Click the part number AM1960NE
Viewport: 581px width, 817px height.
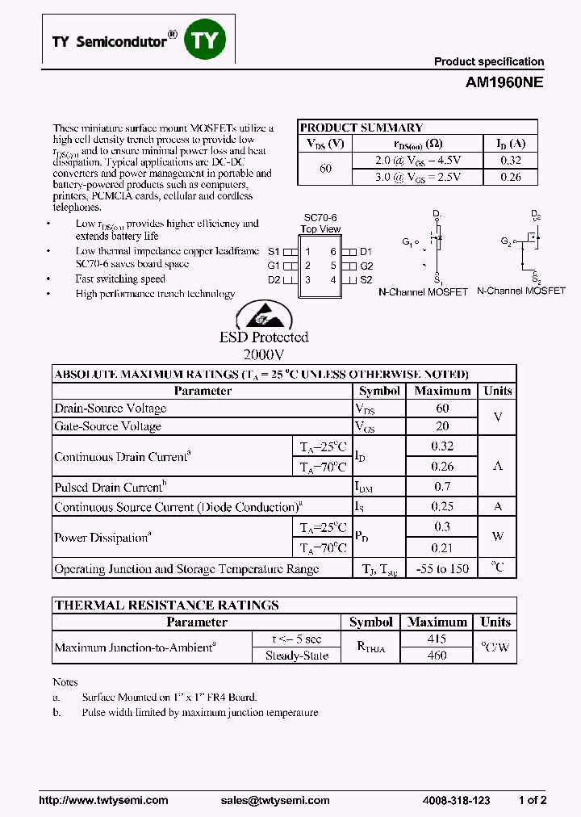(504, 82)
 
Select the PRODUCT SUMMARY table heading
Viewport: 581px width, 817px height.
(362, 128)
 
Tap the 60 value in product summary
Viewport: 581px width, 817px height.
(325, 168)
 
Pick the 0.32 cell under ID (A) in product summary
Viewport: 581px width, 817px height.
(510, 160)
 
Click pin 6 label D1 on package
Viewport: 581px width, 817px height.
(366, 251)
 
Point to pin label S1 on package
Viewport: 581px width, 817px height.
(274, 251)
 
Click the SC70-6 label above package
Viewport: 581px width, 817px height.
(320, 218)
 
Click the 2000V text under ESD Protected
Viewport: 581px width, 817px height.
(264, 354)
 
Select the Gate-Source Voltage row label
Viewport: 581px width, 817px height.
(107, 426)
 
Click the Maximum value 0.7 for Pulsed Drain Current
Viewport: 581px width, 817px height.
(442, 487)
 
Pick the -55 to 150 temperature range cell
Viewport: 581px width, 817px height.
(442, 568)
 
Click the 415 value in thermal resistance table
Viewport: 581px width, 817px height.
(437, 639)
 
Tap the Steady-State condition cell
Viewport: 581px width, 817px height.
(297, 656)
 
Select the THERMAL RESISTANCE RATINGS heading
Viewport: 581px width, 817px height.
(166, 605)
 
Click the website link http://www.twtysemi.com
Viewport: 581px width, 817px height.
(104, 800)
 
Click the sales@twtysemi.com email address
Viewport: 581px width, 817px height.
(275, 800)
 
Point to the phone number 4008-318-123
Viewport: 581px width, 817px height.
(456, 800)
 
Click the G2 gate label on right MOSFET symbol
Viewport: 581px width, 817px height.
(506, 241)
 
